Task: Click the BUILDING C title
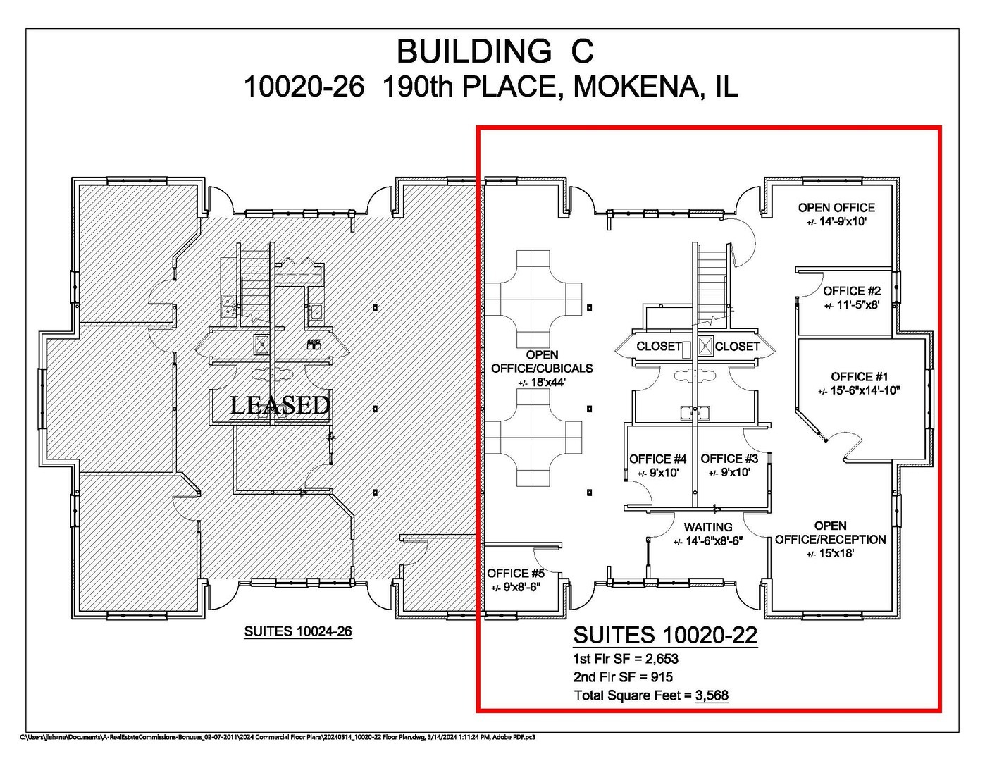tap(495, 51)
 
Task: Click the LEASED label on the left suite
tap(280, 405)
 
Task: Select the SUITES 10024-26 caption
tap(298, 631)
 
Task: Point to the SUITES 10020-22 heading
tap(665, 635)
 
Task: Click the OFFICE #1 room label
tap(859, 377)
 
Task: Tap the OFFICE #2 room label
tap(852, 291)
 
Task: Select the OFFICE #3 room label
tap(729, 459)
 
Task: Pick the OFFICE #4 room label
tap(658, 459)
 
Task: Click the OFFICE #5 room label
tap(516, 574)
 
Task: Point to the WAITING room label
tap(707, 527)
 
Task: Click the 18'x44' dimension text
tap(547, 383)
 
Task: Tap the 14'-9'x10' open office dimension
tap(843, 222)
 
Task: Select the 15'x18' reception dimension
tap(836, 553)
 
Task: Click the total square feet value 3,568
tap(712, 695)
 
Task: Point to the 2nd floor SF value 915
tap(662, 677)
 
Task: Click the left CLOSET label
tap(659, 346)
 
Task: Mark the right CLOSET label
tap(737, 346)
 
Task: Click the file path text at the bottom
tap(278, 738)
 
